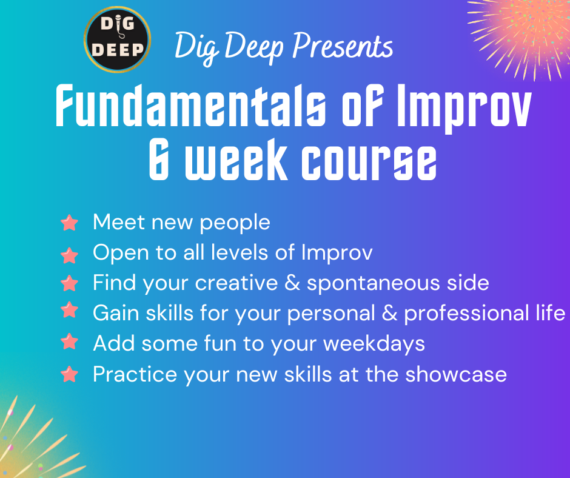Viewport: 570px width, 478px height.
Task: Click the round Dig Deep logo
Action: point(118,39)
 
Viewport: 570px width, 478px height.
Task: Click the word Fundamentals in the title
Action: point(190,106)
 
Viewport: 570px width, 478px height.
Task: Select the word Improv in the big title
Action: point(463,108)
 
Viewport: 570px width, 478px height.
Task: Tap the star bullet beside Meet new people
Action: point(69,223)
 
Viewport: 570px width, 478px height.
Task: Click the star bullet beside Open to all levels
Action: point(69,255)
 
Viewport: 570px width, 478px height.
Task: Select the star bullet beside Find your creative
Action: point(69,283)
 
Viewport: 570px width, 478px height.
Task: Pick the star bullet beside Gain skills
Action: point(69,311)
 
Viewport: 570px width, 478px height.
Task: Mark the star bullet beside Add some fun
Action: point(69,342)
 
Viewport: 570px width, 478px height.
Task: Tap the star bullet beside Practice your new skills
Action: point(69,374)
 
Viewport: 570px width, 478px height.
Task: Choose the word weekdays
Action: point(374,344)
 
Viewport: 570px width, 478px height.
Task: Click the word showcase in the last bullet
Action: point(456,374)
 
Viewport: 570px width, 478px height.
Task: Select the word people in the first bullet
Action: point(235,223)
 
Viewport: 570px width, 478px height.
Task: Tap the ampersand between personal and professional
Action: point(389,313)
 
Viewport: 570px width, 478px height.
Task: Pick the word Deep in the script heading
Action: point(254,47)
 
